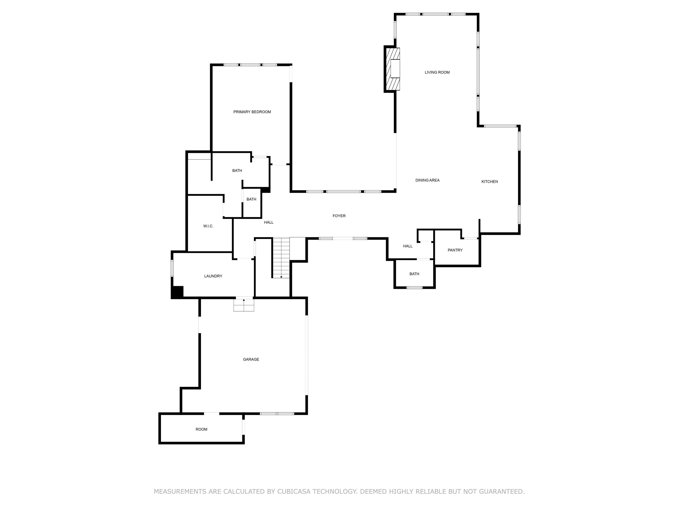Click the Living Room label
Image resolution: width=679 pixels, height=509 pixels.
[437, 72]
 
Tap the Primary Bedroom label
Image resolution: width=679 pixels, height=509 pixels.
[252, 112]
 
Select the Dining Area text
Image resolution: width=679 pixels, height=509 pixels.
[427, 180]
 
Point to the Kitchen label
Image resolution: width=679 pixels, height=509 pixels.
[489, 182]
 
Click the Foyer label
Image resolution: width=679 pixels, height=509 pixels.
[339, 216]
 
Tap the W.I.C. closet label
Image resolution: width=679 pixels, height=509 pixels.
[208, 226]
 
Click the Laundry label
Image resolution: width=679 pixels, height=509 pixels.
[213, 276]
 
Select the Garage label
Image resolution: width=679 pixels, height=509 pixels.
[251, 359]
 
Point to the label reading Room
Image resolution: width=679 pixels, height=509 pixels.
[201, 429]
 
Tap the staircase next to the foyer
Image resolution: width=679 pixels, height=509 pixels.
[281, 258]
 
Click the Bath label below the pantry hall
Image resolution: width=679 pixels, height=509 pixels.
[414, 274]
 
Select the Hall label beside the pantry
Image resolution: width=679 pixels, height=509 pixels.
[408, 246]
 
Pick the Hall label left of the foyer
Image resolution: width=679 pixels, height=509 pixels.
[269, 222]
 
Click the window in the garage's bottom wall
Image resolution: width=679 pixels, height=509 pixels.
[277, 414]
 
